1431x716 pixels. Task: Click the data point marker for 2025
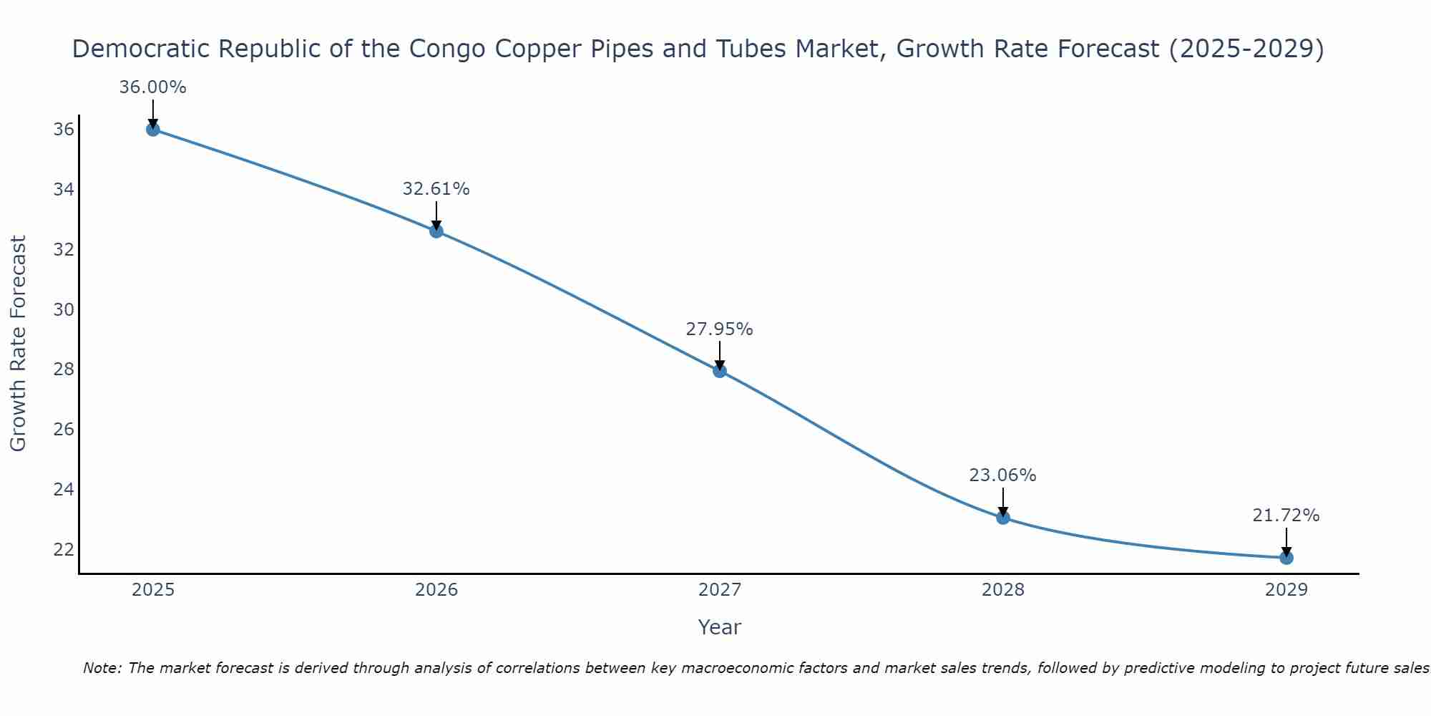pos(152,130)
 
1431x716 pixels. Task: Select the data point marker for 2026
pos(436,231)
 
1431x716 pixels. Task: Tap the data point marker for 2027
pos(720,371)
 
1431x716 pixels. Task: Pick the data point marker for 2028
pos(1003,518)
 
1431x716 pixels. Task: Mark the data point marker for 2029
pos(1286,558)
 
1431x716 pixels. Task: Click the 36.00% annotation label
pos(152,87)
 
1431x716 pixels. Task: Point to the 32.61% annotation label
pos(436,189)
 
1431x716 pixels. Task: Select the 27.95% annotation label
pos(720,329)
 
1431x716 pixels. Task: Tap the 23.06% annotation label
pos(1003,475)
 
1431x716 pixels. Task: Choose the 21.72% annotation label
pos(1286,516)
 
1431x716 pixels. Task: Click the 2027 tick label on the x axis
pos(720,590)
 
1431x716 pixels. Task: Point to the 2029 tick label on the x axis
pos(1286,590)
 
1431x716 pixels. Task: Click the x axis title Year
pos(720,627)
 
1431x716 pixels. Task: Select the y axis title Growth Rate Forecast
pos(19,344)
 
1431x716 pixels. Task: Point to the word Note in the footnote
pos(102,668)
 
